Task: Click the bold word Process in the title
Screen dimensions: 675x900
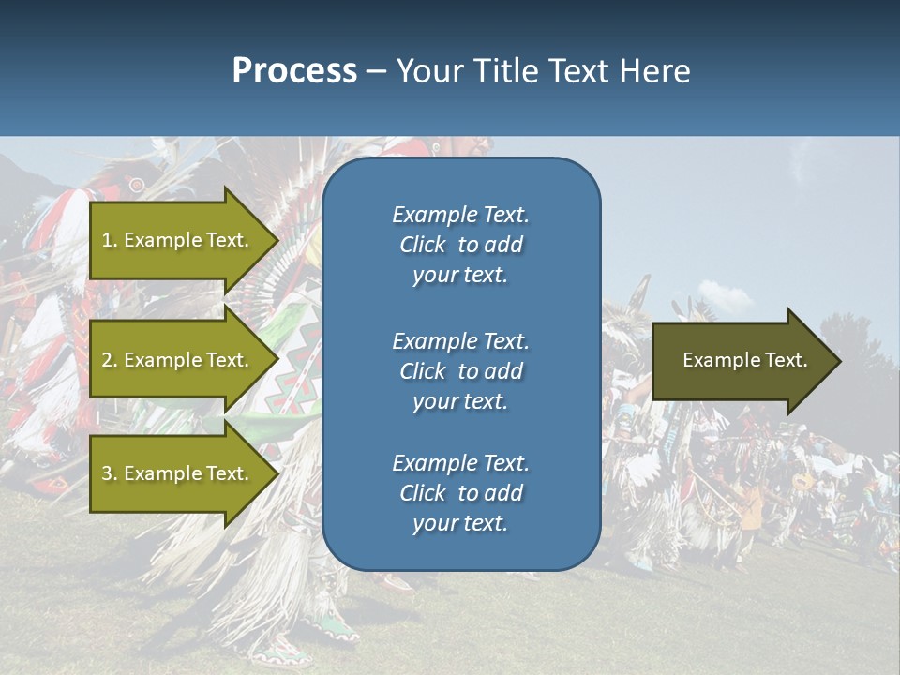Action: [x=294, y=70]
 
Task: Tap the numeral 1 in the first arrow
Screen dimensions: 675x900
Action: [x=107, y=240]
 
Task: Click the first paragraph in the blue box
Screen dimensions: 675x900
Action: [x=460, y=245]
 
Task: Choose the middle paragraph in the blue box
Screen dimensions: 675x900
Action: [x=460, y=371]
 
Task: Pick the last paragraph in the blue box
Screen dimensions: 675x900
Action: [x=460, y=493]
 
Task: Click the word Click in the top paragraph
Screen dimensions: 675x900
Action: [x=422, y=245]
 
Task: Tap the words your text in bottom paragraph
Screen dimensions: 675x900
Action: [x=459, y=523]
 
